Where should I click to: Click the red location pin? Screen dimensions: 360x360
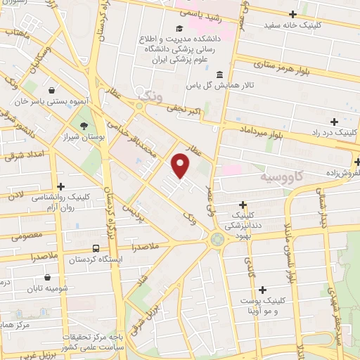(x=181, y=166)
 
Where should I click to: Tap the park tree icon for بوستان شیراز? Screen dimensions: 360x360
(x=85, y=126)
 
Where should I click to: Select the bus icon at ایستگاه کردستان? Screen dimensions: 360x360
(x=95, y=248)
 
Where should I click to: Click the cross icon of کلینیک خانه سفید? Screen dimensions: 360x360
(x=293, y=14)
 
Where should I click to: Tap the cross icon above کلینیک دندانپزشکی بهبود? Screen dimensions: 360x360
(x=243, y=205)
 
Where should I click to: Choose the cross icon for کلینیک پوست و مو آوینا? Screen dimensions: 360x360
(x=263, y=289)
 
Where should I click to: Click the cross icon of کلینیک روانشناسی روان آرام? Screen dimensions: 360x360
(x=61, y=187)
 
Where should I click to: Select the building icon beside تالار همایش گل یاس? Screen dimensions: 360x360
(x=219, y=75)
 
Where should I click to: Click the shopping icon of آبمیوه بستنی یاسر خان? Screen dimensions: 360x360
(x=52, y=90)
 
